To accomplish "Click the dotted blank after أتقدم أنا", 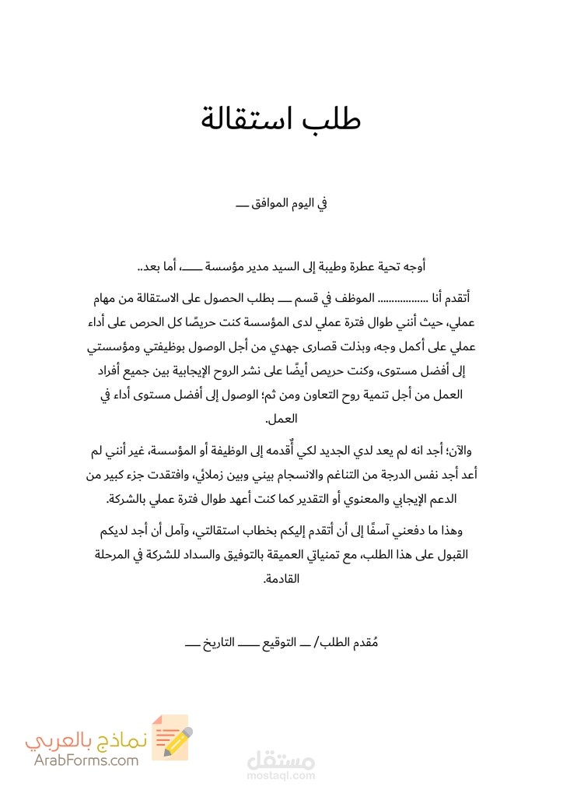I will (x=407, y=298).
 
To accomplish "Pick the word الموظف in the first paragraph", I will (x=356, y=298).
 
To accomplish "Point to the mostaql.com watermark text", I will (x=281, y=776).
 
